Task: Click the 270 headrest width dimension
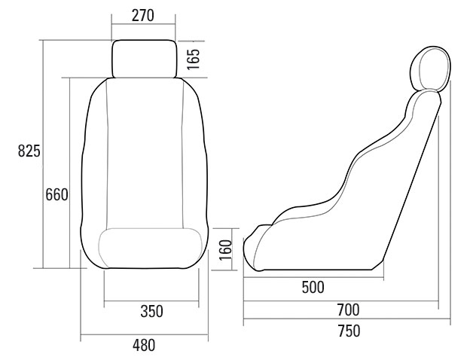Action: [142, 16]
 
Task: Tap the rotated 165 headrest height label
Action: [193, 59]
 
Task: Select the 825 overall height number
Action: [29, 151]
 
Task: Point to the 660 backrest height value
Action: [56, 195]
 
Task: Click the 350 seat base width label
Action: [151, 311]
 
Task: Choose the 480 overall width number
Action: [144, 345]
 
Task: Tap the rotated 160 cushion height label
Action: [226, 250]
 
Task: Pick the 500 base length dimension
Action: [313, 287]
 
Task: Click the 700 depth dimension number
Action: [348, 310]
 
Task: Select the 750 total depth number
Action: [349, 331]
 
